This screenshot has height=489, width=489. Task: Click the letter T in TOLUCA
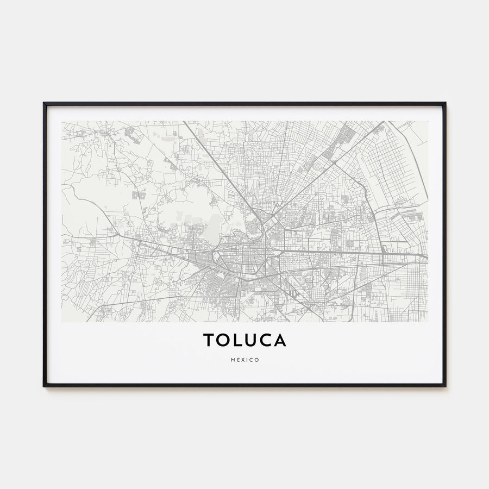point(210,340)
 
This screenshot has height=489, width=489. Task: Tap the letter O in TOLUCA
point(224,340)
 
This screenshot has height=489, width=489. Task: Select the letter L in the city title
point(238,340)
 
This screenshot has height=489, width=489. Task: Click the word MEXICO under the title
point(244,360)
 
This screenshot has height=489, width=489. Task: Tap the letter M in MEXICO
point(233,360)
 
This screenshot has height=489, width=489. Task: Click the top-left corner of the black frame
point(44,103)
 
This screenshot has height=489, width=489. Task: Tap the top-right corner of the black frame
point(445,103)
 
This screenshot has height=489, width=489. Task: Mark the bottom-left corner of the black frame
point(44,386)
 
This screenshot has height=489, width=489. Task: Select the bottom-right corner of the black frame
point(445,386)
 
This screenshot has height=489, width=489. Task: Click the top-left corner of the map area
point(62,121)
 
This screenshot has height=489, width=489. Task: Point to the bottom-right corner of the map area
point(428,322)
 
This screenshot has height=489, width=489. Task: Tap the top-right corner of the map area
point(428,121)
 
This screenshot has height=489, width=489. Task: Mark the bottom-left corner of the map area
point(62,322)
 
